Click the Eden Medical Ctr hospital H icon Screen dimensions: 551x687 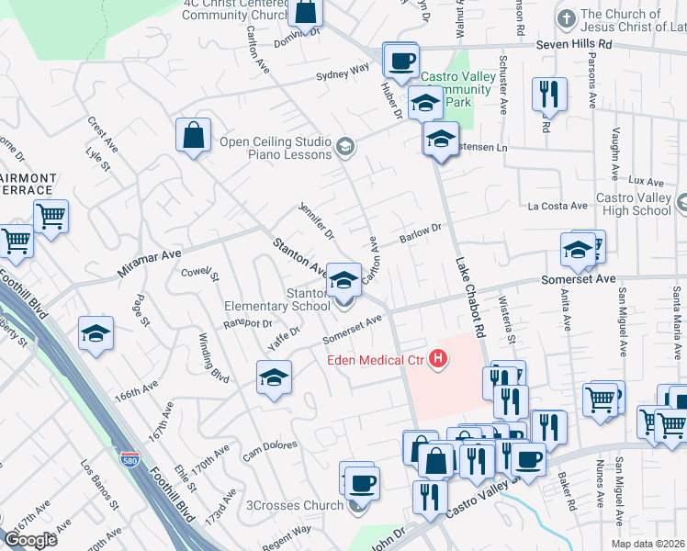(x=440, y=359)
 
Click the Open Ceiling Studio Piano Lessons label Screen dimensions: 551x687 (x=275, y=148)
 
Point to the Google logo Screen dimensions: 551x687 (x=30, y=540)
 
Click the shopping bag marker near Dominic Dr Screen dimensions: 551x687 (x=305, y=12)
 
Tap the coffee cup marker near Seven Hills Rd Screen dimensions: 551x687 (x=400, y=61)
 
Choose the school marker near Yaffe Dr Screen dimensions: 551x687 (x=274, y=377)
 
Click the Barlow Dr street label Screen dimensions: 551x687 (x=421, y=233)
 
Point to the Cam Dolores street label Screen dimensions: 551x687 (x=269, y=452)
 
